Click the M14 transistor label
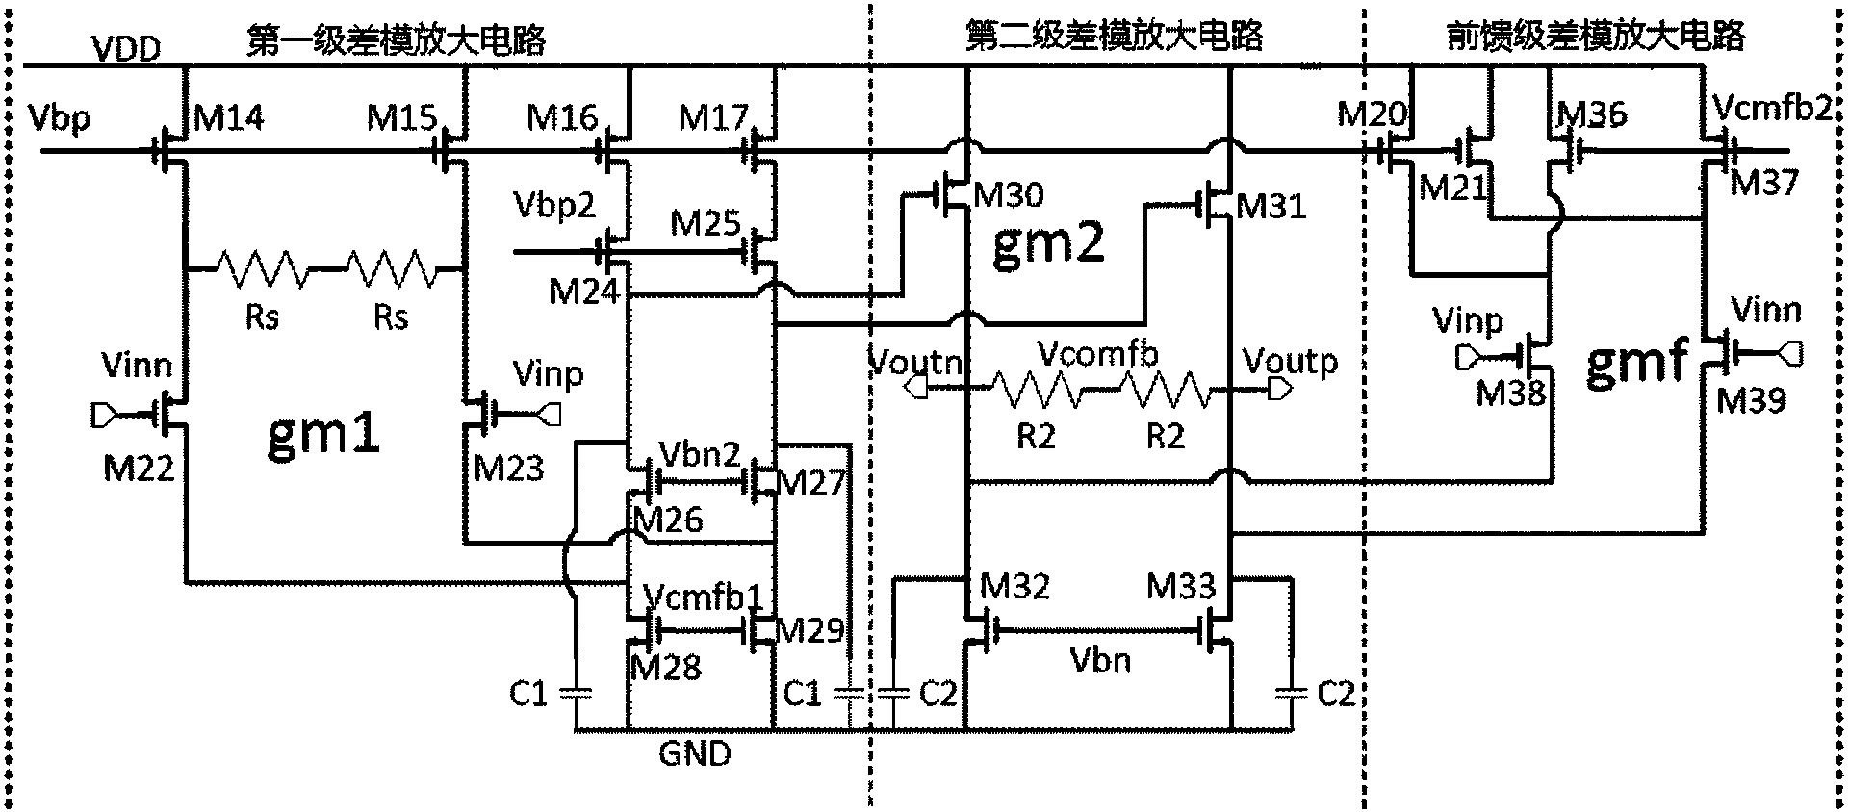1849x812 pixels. [x=228, y=118]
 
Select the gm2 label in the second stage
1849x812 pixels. [x=1046, y=245]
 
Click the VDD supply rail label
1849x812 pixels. [x=125, y=48]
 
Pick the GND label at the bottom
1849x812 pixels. [x=695, y=753]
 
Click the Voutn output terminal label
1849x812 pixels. [x=915, y=363]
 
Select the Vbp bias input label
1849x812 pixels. [x=60, y=117]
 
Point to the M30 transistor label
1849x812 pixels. [x=1008, y=195]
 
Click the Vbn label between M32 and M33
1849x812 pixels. [x=1100, y=661]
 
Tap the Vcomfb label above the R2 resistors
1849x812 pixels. [x=1097, y=355]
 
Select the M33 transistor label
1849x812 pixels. [x=1181, y=585]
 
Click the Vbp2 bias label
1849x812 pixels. [x=554, y=205]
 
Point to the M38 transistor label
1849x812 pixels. [x=1511, y=392]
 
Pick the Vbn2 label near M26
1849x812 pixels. [x=700, y=454]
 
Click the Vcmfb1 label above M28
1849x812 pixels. [x=703, y=597]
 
